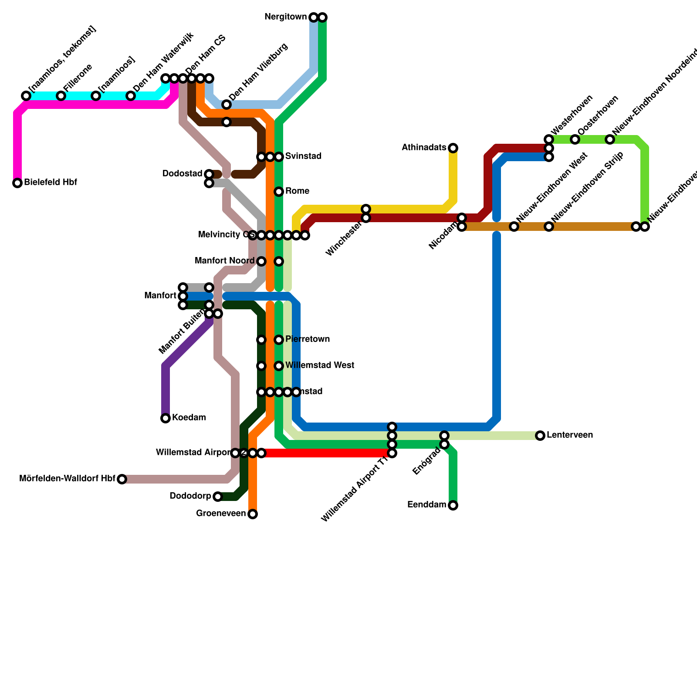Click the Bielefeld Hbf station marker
[17, 183]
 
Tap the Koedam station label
[189, 418]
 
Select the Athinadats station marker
[453, 148]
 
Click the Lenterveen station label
[569, 436]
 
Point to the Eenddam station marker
[453, 505]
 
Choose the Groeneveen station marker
[253, 514]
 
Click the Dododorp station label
[190, 497]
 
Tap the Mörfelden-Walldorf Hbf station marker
[122, 479]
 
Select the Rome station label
[297, 192]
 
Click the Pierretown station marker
[279, 340]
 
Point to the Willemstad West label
[319, 366]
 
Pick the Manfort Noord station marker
[261, 261]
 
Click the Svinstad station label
[303, 156]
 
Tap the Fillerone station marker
[61, 96]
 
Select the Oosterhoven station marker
[575, 139]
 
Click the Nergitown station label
[285, 17]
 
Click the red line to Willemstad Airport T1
[327, 453]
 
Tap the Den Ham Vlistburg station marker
[227, 105]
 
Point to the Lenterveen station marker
[540, 436]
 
